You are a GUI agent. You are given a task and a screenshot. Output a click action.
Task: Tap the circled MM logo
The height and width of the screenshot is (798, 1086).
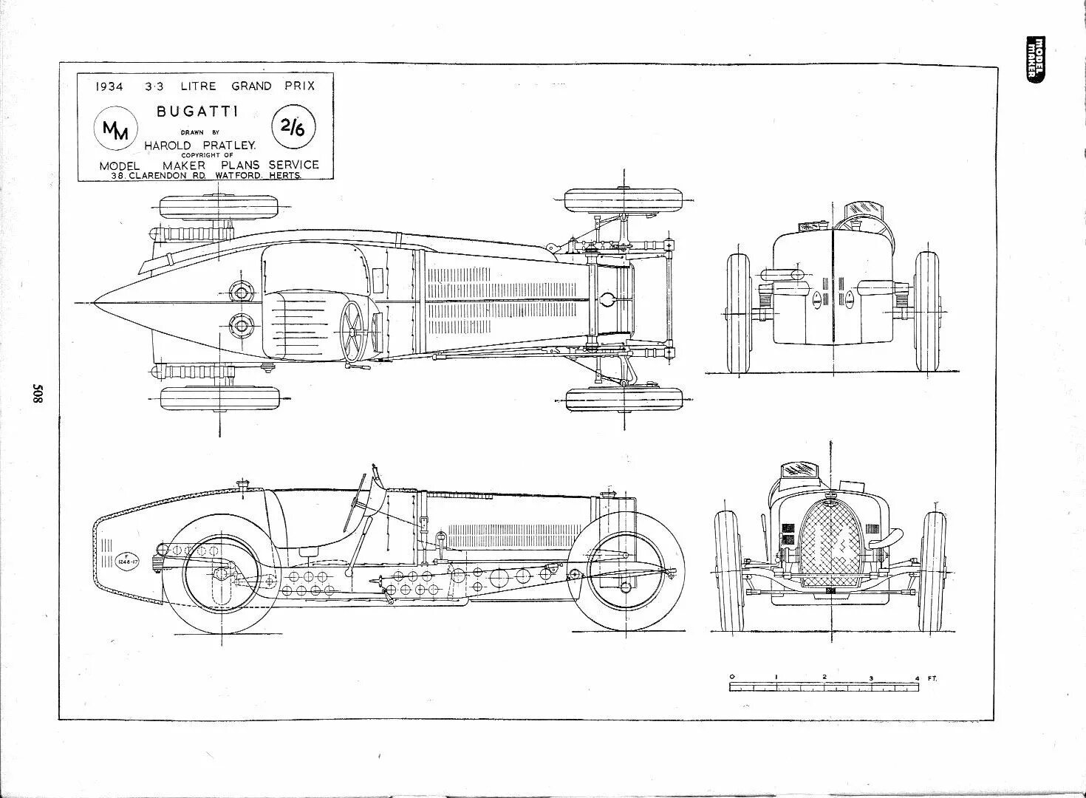(x=115, y=130)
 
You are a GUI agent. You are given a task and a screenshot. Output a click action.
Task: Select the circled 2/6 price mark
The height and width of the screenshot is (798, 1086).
(x=293, y=127)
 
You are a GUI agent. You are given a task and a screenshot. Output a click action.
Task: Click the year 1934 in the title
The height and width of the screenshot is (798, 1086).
(x=109, y=86)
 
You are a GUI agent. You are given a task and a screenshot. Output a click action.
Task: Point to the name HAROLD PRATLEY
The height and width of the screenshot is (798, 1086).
(x=199, y=146)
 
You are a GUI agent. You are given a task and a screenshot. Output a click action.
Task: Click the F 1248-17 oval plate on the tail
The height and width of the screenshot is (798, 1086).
(x=126, y=559)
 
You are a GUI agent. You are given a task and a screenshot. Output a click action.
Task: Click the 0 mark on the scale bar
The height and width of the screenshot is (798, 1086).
(x=731, y=677)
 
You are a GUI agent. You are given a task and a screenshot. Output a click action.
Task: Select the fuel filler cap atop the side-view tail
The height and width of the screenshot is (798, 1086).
(x=240, y=485)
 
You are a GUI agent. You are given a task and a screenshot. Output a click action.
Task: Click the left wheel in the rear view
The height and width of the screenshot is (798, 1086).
(x=739, y=313)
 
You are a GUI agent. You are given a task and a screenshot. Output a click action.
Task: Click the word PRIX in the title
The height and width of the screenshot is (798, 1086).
(x=299, y=86)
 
